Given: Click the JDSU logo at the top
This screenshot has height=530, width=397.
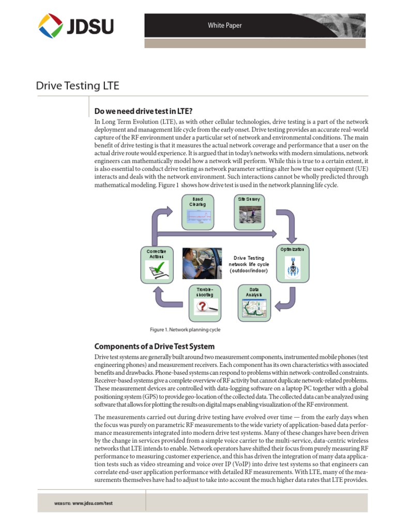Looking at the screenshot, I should tap(75, 26).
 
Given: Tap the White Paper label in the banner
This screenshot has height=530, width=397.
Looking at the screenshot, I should tap(224, 25).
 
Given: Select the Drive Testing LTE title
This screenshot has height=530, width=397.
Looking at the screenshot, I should tap(77, 85).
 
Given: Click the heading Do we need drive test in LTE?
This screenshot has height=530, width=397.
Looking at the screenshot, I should tap(143, 111).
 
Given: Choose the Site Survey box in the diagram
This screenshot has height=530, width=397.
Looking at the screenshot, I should tap(249, 212).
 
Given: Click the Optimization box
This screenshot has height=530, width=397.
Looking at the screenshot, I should tap(293, 263).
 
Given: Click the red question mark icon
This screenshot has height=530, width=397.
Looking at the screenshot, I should tap(201, 307).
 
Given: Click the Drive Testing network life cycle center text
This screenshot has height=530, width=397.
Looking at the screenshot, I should tap(249, 264).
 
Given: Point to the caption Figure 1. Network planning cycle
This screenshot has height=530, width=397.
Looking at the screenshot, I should tap(181, 329).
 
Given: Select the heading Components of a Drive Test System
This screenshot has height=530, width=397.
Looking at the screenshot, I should tap(154, 346).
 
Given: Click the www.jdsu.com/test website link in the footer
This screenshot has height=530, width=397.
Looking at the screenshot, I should tap(92, 503).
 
